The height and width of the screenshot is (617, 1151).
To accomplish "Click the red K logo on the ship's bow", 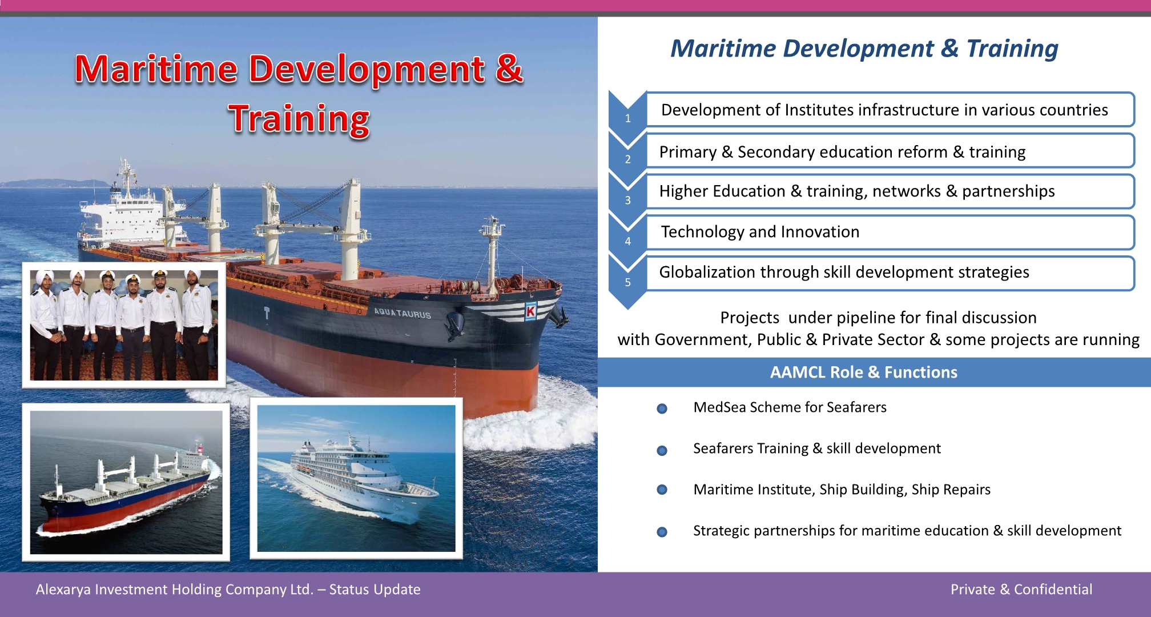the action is pyautogui.click(x=531, y=311).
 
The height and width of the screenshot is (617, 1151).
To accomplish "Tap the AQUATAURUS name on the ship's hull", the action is pyautogui.click(x=403, y=313).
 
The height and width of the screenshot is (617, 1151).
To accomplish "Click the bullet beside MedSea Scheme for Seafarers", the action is pyautogui.click(x=662, y=408).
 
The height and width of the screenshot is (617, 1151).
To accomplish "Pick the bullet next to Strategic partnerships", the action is pyautogui.click(x=662, y=532).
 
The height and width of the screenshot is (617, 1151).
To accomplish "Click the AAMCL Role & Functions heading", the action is pyautogui.click(x=864, y=372).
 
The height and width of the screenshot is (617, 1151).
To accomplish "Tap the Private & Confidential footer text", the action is pyautogui.click(x=1021, y=590).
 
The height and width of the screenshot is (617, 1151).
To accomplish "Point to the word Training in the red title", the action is pyautogui.click(x=299, y=119).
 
